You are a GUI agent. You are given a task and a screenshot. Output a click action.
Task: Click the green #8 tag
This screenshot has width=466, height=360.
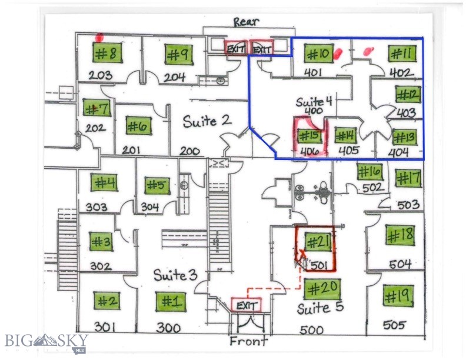(106, 54)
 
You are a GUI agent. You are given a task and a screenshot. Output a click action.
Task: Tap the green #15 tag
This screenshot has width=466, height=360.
(308, 136)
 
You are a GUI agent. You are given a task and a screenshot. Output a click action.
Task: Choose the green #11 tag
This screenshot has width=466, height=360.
(402, 54)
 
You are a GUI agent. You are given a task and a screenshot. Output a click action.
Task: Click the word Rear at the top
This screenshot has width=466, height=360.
(245, 22)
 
